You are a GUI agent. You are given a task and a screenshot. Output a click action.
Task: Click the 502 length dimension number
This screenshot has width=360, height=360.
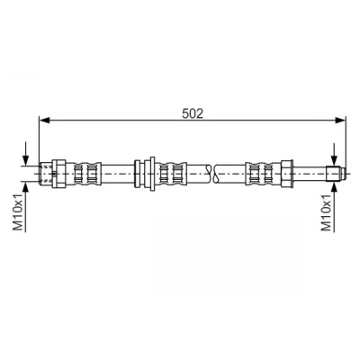[193, 113]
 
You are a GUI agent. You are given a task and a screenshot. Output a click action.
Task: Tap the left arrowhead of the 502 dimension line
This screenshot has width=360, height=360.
[44, 121]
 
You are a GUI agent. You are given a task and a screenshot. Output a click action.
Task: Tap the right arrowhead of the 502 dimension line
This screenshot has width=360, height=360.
[340, 121]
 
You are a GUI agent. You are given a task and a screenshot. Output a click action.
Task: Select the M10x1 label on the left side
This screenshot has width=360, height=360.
[19, 212]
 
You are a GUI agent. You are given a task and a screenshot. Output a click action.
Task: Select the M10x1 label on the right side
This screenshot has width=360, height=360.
[326, 212]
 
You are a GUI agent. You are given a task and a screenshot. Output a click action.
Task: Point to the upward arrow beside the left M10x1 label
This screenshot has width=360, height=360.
[26, 207]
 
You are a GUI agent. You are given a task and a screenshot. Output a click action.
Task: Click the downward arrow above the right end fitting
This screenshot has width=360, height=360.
[334, 155]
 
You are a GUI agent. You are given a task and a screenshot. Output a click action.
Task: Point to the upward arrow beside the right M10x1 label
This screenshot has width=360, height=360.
[334, 207]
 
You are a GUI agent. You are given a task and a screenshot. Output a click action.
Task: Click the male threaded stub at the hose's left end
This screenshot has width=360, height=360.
[46, 174]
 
